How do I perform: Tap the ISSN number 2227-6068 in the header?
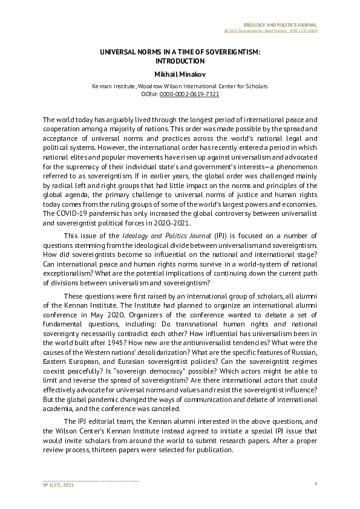click(x=307, y=31)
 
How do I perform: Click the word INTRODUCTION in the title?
click(x=180, y=61)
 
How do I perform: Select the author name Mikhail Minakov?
click(x=180, y=74)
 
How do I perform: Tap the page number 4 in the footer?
click(x=316, y=485)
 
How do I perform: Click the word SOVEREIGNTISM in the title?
click(x=227, y=53)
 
